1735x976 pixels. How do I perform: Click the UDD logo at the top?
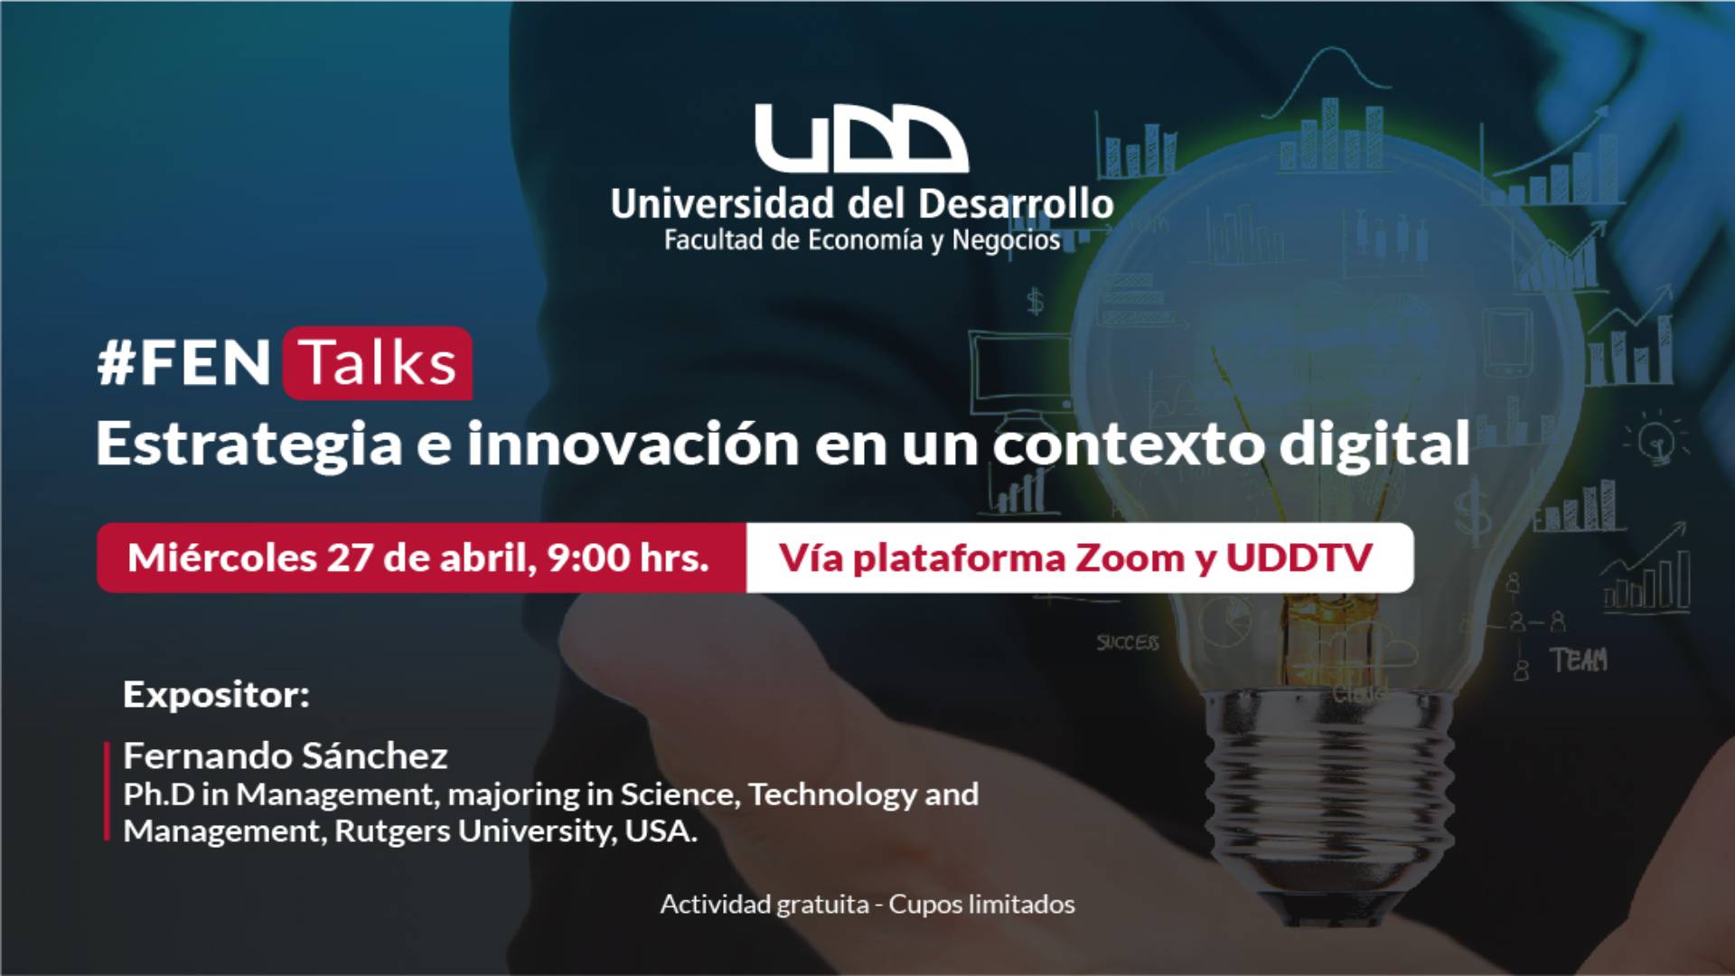[x=861, y=138]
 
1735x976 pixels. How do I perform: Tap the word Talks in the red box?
[x=378, y=363]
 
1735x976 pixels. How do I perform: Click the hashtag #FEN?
[x=183, y=363]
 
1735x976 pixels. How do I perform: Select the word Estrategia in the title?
[x=249, y=444]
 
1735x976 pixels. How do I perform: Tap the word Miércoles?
[x=222, y=558]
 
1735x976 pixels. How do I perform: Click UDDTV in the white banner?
[x=1299, y=558]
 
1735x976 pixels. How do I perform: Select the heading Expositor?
[x=216, y=695]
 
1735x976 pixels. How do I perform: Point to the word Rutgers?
[x=392, y=831]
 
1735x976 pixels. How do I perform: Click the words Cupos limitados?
[x=982, y=905]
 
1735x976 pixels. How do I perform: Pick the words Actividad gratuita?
[x=764, y=905]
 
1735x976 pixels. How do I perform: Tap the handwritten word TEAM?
[x=1579, y=661]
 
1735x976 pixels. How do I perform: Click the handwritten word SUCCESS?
[x=1128, y=643]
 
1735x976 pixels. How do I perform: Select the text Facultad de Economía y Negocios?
[x=862, y=240]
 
